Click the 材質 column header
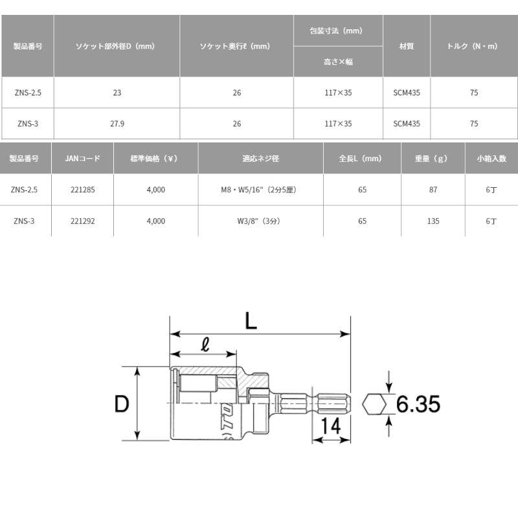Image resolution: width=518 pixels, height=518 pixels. pos(407,47)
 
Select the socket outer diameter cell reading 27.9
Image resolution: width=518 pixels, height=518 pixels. pos(117,124)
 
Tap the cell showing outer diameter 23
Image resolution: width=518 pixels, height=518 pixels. pos(117,93)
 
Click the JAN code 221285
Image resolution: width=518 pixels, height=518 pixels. pos(82,190)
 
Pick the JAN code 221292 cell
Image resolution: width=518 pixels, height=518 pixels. pos(82,221)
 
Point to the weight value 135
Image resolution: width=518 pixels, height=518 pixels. pos(433,221)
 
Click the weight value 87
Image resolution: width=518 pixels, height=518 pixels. pos(433,190)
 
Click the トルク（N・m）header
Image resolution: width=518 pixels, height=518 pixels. pos(474,47)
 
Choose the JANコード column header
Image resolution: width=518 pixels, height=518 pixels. pos(82,158)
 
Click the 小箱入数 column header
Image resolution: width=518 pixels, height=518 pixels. pos(491,158)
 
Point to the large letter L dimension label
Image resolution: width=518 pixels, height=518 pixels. pos(251,321)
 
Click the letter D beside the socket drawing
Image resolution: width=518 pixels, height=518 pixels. pos(122,404)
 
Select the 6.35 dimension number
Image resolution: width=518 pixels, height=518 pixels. pos(418,405)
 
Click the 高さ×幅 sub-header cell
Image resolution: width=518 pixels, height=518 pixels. pos(339,62)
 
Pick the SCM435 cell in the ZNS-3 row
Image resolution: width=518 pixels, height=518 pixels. pos(407,124)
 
